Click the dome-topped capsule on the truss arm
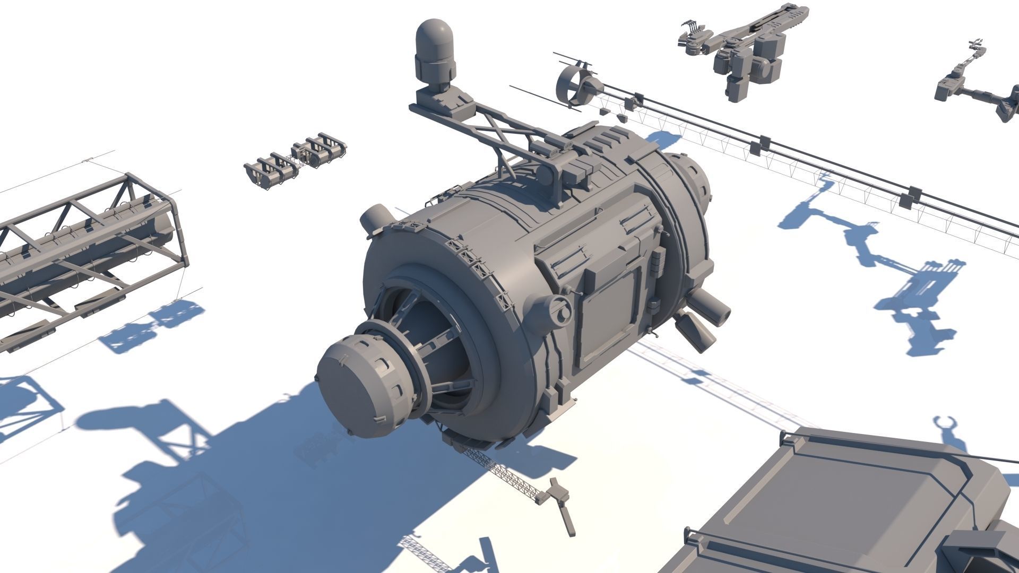435,53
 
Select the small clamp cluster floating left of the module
295,160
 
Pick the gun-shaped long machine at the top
743,50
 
